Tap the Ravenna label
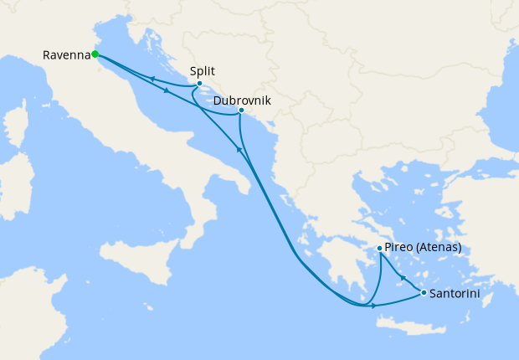point(66,56)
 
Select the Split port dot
point(199,84)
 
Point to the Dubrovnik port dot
point(241,111)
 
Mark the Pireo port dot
point(380,249)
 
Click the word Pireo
point(399,249)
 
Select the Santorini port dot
point(424,293)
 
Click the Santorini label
point(456,294)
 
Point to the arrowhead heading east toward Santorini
point(373,306)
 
